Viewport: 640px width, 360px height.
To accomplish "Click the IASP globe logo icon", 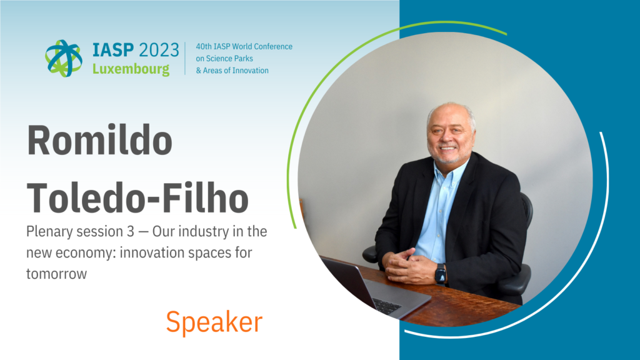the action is click(64, 58).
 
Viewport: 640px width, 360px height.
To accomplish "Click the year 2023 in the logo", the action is click(159, 50).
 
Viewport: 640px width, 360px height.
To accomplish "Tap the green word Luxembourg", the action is click(131, 69).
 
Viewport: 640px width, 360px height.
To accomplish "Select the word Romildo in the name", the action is click(99, 140).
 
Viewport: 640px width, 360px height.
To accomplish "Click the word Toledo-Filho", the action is click(137, 197).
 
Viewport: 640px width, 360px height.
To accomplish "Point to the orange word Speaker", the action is click(214, 322).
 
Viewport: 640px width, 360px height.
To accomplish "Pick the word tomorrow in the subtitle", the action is click(56, 274).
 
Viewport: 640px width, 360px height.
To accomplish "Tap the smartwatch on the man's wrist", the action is click(441, 274).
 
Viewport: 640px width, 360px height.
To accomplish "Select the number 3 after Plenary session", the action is click(130, 231).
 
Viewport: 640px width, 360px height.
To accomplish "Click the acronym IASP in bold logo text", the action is click(113, 50).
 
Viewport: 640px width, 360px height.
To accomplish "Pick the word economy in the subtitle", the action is click(85, 253).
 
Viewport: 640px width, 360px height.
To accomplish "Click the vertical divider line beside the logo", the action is click(185, 58).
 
